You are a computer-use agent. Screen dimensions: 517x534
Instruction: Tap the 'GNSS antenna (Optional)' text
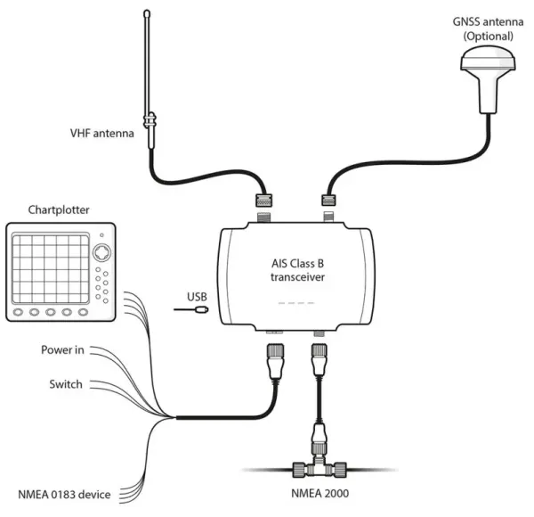[x=481, y=29]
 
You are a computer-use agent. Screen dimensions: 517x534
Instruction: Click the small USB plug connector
[x=204, y=311]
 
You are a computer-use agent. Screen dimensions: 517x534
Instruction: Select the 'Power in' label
[x=62, y=349]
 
